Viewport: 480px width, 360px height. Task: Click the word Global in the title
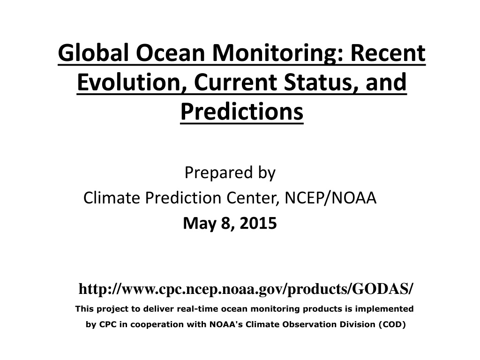point(93,52)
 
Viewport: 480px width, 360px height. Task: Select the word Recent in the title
point(388,52)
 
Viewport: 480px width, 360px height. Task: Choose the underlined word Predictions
point(242,112)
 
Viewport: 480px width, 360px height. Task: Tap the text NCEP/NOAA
point(330,198)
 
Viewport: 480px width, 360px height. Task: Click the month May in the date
point(200,224)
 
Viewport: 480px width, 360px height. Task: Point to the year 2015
point(258,223)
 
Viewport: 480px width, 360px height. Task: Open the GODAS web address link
point(246,289)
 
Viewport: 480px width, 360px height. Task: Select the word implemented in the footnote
point(384,309)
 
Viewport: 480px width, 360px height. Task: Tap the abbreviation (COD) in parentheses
point(392,324)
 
